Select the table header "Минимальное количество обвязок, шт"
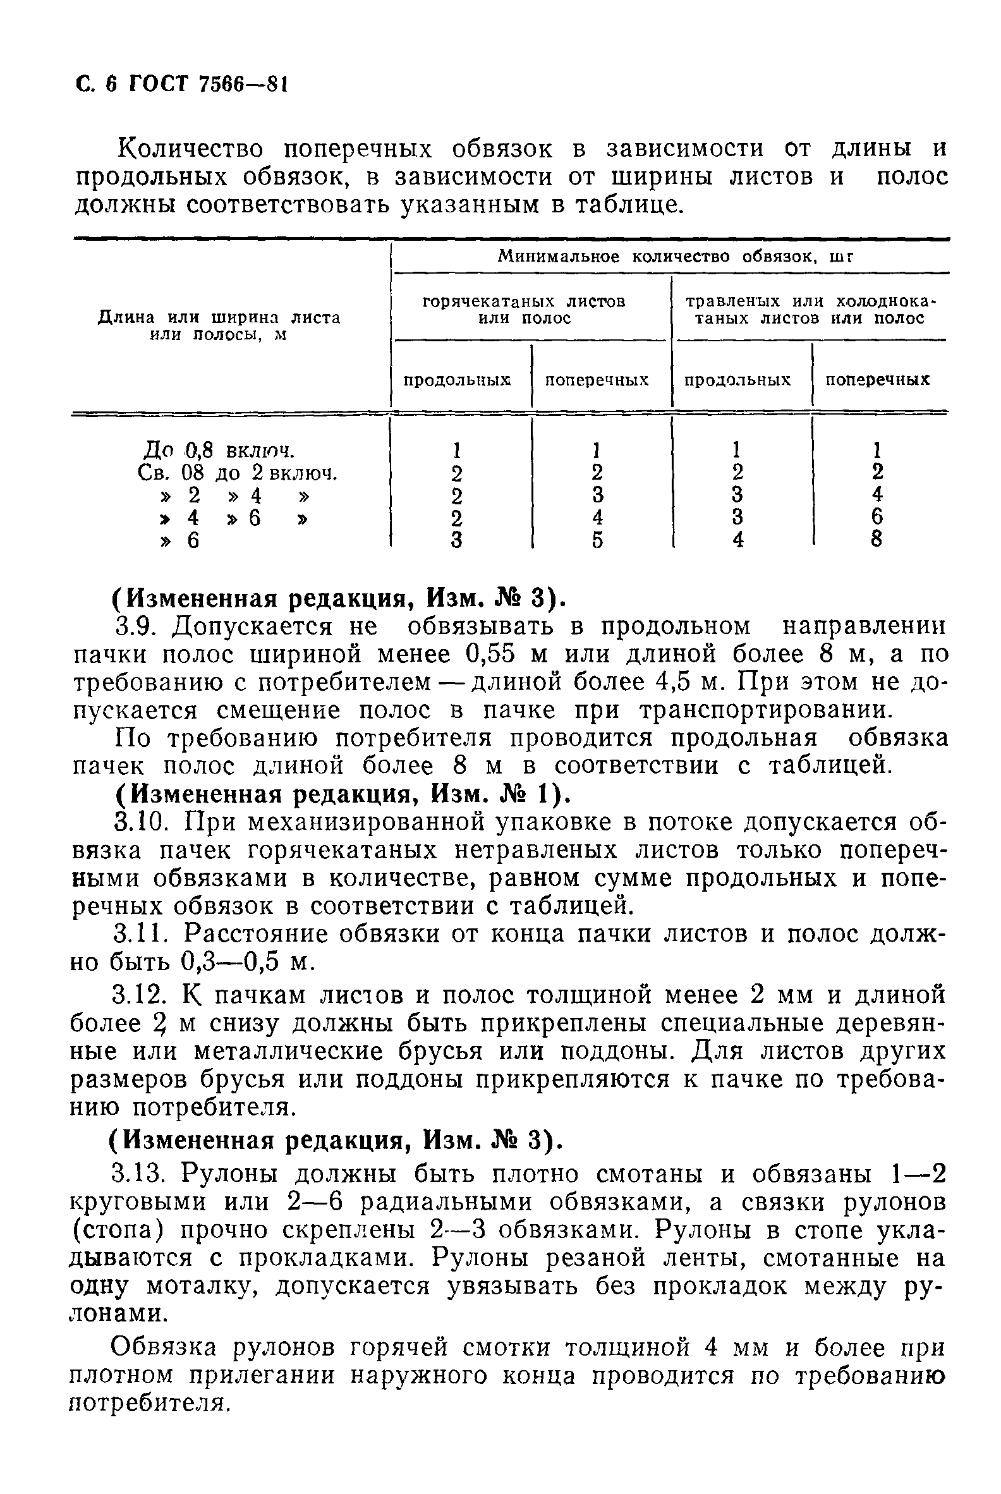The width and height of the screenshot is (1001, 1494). point(676,257)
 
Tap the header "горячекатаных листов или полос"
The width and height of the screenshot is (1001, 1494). point(524,309)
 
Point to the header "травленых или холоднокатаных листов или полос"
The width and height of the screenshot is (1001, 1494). point(810,309)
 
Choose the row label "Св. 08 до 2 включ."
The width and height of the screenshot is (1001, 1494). point(237,473)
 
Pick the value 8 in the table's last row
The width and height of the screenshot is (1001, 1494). point(877,540)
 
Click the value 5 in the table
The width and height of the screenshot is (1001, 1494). point(597,540)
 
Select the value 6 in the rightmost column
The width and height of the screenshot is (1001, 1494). point(877,516)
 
